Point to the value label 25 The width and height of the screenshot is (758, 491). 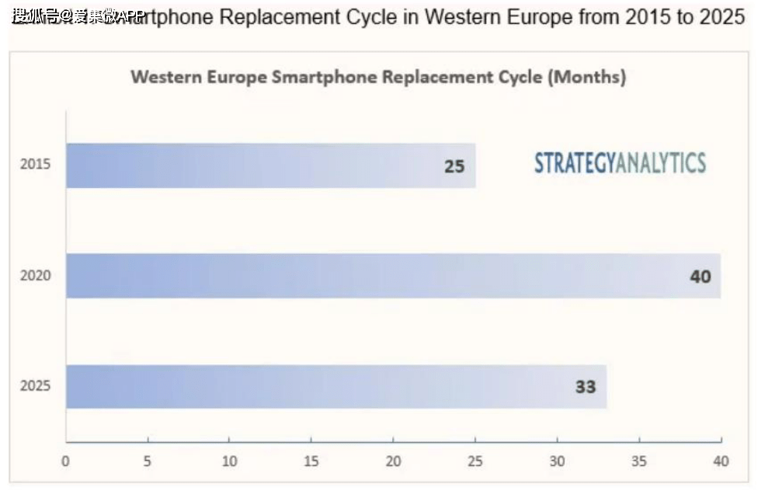[454, 165]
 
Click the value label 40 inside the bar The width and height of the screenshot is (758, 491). [701, 276]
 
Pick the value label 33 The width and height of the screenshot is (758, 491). [586, 386]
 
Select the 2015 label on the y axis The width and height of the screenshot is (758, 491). [35, 165]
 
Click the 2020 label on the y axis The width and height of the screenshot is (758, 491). [35, 276]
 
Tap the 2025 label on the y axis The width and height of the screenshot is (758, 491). [35, 386]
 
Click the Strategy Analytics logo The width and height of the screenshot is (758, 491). [620, 163]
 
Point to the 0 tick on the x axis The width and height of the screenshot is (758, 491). [66, 461]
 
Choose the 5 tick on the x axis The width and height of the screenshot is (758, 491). [148, 461]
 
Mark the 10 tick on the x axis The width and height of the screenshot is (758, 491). [229, 461]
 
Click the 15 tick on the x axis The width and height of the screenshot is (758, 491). [311, 461]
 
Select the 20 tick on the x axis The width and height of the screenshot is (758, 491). [394, 461]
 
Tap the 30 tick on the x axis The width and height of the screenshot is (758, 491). [558, 461]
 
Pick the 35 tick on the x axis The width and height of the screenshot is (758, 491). [639, 461]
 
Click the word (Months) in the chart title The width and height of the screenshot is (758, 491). [587, 78]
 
